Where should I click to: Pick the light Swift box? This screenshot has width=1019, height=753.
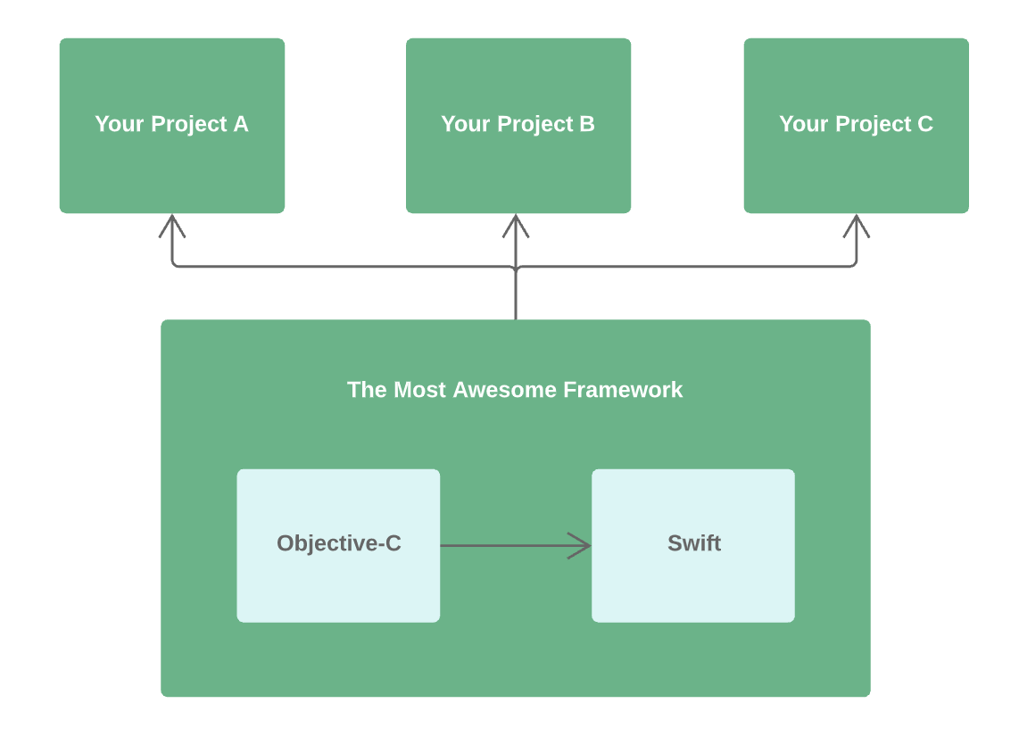(x=692, y=584)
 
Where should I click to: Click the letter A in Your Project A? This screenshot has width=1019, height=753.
(x=241, y=124)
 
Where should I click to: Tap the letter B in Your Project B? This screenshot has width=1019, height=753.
(x=587, y=124)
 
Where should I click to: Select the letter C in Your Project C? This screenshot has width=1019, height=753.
(x=925, y=124)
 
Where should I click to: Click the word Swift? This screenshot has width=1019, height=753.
(x=694, y=543)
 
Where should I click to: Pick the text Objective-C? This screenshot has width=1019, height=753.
(x=339, y=543)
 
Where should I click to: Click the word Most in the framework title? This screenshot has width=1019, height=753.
(x=419, y=390)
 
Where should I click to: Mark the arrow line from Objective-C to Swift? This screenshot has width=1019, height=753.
(x=504, y=545)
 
